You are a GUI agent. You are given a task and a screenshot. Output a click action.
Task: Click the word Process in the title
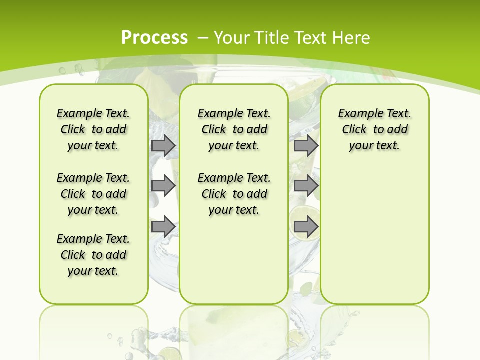coord(154,37)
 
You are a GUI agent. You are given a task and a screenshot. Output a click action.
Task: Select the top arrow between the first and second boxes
coord(163,145)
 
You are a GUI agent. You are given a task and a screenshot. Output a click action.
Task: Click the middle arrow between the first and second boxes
coord(163,186)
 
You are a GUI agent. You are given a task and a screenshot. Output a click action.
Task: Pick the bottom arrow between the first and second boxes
coord(163,226)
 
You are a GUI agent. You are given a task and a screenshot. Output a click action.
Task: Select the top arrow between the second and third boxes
coord(306,145)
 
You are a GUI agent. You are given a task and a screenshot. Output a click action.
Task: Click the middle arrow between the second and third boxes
coord(306,186)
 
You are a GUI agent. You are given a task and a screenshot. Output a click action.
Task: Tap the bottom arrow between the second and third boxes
coord(306,226)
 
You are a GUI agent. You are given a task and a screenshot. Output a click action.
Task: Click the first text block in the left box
coord(93,129)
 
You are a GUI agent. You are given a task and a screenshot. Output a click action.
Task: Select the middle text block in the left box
coord(93,194)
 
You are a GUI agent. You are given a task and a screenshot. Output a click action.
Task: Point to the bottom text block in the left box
coord(93,255)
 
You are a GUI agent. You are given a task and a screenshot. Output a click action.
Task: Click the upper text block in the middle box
coord(234,129)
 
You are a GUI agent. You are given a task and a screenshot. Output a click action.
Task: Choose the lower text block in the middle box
coord(234,194)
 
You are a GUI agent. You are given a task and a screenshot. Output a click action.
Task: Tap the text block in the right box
coord(375,129)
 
